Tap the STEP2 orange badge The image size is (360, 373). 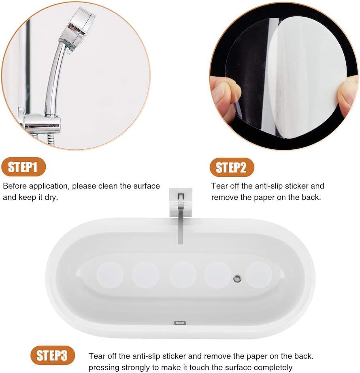pyautogui.click(x=231, y=167)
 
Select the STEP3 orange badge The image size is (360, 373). pyautogui.click(x=52, y=356)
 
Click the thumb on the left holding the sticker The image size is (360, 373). pyautogui.click(x=225, y=95)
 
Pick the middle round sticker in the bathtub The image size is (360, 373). pyautogui.click(x=183, y=275)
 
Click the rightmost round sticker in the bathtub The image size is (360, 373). pyautogui.click(x=259, y=275)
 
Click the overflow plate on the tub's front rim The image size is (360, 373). pyautogui.click(x=179, y=323)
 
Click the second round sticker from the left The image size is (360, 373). pyautogui.click(x=146, y=275)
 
